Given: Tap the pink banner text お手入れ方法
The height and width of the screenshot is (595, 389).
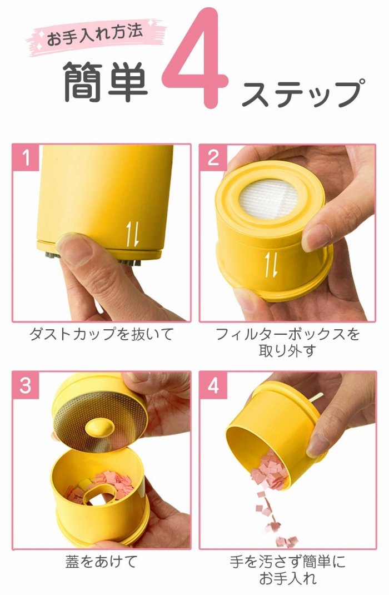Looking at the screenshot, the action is (x=94, y=35).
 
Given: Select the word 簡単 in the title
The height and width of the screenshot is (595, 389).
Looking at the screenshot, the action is (x=105, y=82).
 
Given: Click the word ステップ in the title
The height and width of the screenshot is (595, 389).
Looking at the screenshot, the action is (x=303, y=92).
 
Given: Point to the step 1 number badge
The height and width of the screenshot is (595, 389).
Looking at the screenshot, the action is (x=26, y=157).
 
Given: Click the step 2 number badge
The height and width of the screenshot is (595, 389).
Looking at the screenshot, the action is (x=213, y=157).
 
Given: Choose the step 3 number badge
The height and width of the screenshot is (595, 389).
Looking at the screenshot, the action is (x=26, y=385).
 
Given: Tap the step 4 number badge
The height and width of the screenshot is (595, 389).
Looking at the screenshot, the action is (x=213, y=385).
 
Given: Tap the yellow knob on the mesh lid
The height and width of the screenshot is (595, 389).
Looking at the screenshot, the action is (x=99, y=427).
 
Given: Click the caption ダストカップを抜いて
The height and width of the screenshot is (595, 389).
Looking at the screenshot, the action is (x=102, y=334).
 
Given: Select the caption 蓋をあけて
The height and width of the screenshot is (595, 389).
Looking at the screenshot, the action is (x=101, y=562).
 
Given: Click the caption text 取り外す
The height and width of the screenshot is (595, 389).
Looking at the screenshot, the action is (x=287, y=351).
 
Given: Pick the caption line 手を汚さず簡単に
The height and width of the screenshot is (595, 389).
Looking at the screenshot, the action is (x=288, y=562).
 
